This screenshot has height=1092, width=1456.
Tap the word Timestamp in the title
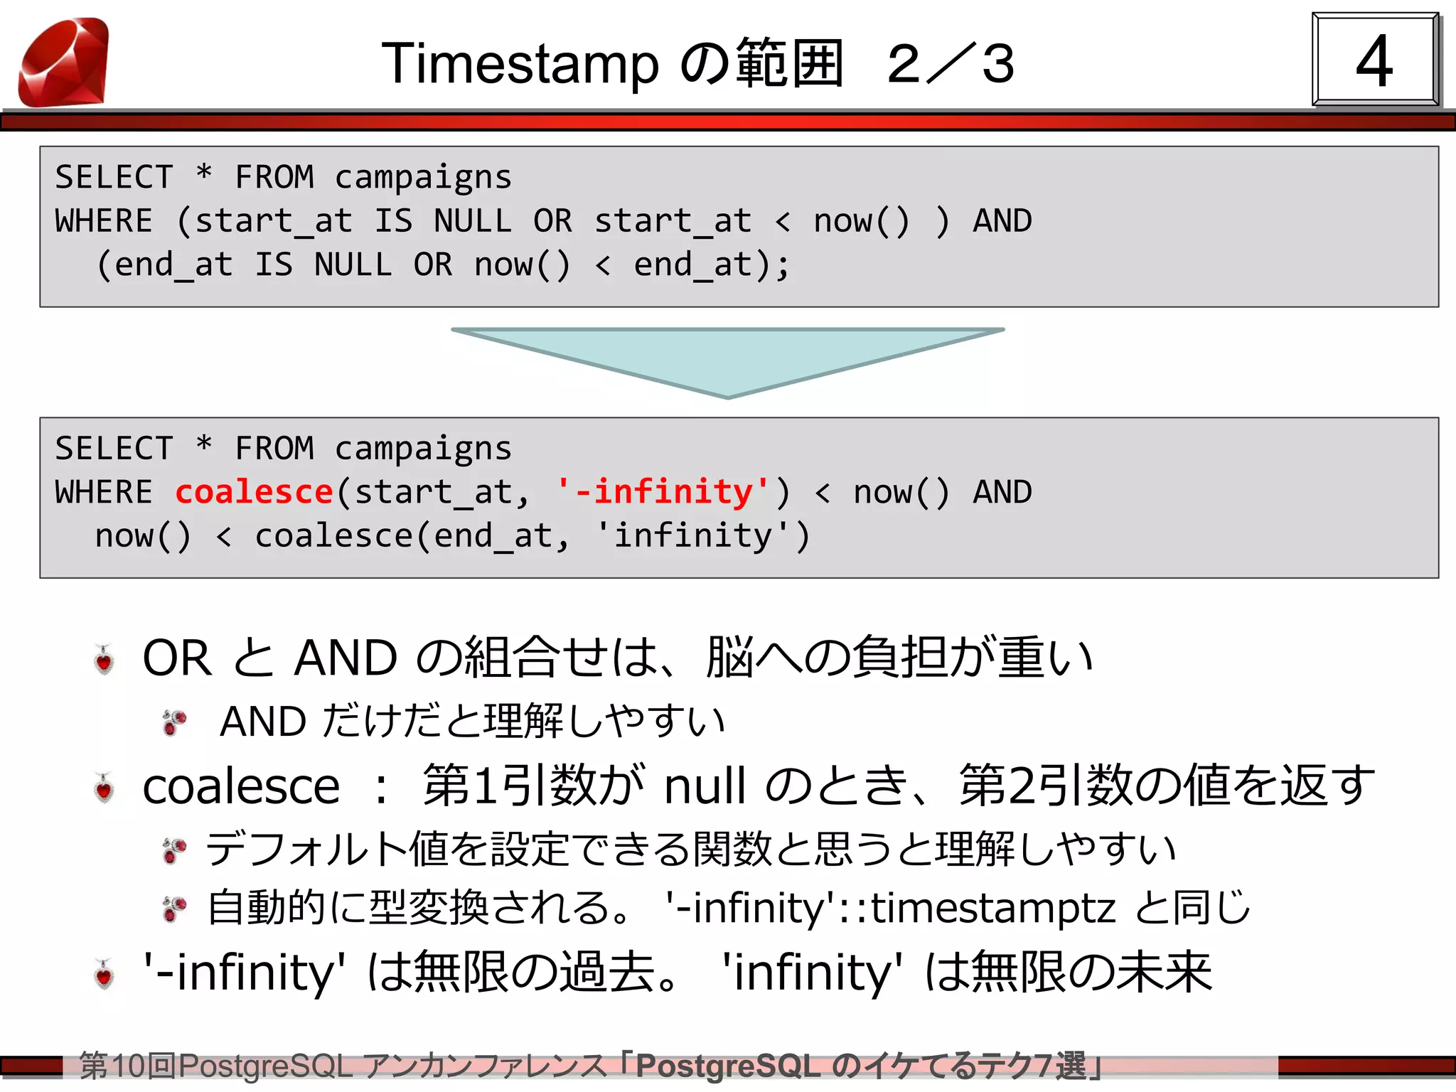click(520, 64)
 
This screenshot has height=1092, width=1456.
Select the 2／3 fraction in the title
click(951, 64)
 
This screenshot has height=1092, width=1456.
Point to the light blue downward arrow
click(727, 359)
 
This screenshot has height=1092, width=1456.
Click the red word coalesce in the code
click(254, 492)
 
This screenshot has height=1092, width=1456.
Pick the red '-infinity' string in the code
click(663, 492)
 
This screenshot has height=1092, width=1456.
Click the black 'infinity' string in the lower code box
click(693, 536)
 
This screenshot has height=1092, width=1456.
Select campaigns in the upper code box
click(423, 177)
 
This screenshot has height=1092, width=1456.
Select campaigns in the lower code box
click(423, 449)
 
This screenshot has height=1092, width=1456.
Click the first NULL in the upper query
click(473, 221)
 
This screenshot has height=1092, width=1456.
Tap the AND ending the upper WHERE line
click(1002, 221)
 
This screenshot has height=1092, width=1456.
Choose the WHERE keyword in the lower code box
click(104, 492)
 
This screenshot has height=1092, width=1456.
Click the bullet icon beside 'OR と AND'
click(105, 660)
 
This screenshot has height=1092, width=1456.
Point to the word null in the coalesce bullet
click(705, 786)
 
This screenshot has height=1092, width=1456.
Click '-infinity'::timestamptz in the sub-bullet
click(889, 908)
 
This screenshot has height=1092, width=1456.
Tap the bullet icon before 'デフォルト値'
click(174, 850)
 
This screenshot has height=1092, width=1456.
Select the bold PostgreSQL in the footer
click(728, 1066)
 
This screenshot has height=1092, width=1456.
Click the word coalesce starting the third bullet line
click(241, 786)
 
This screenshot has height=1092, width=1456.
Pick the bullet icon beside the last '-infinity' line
click(105, 974)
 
